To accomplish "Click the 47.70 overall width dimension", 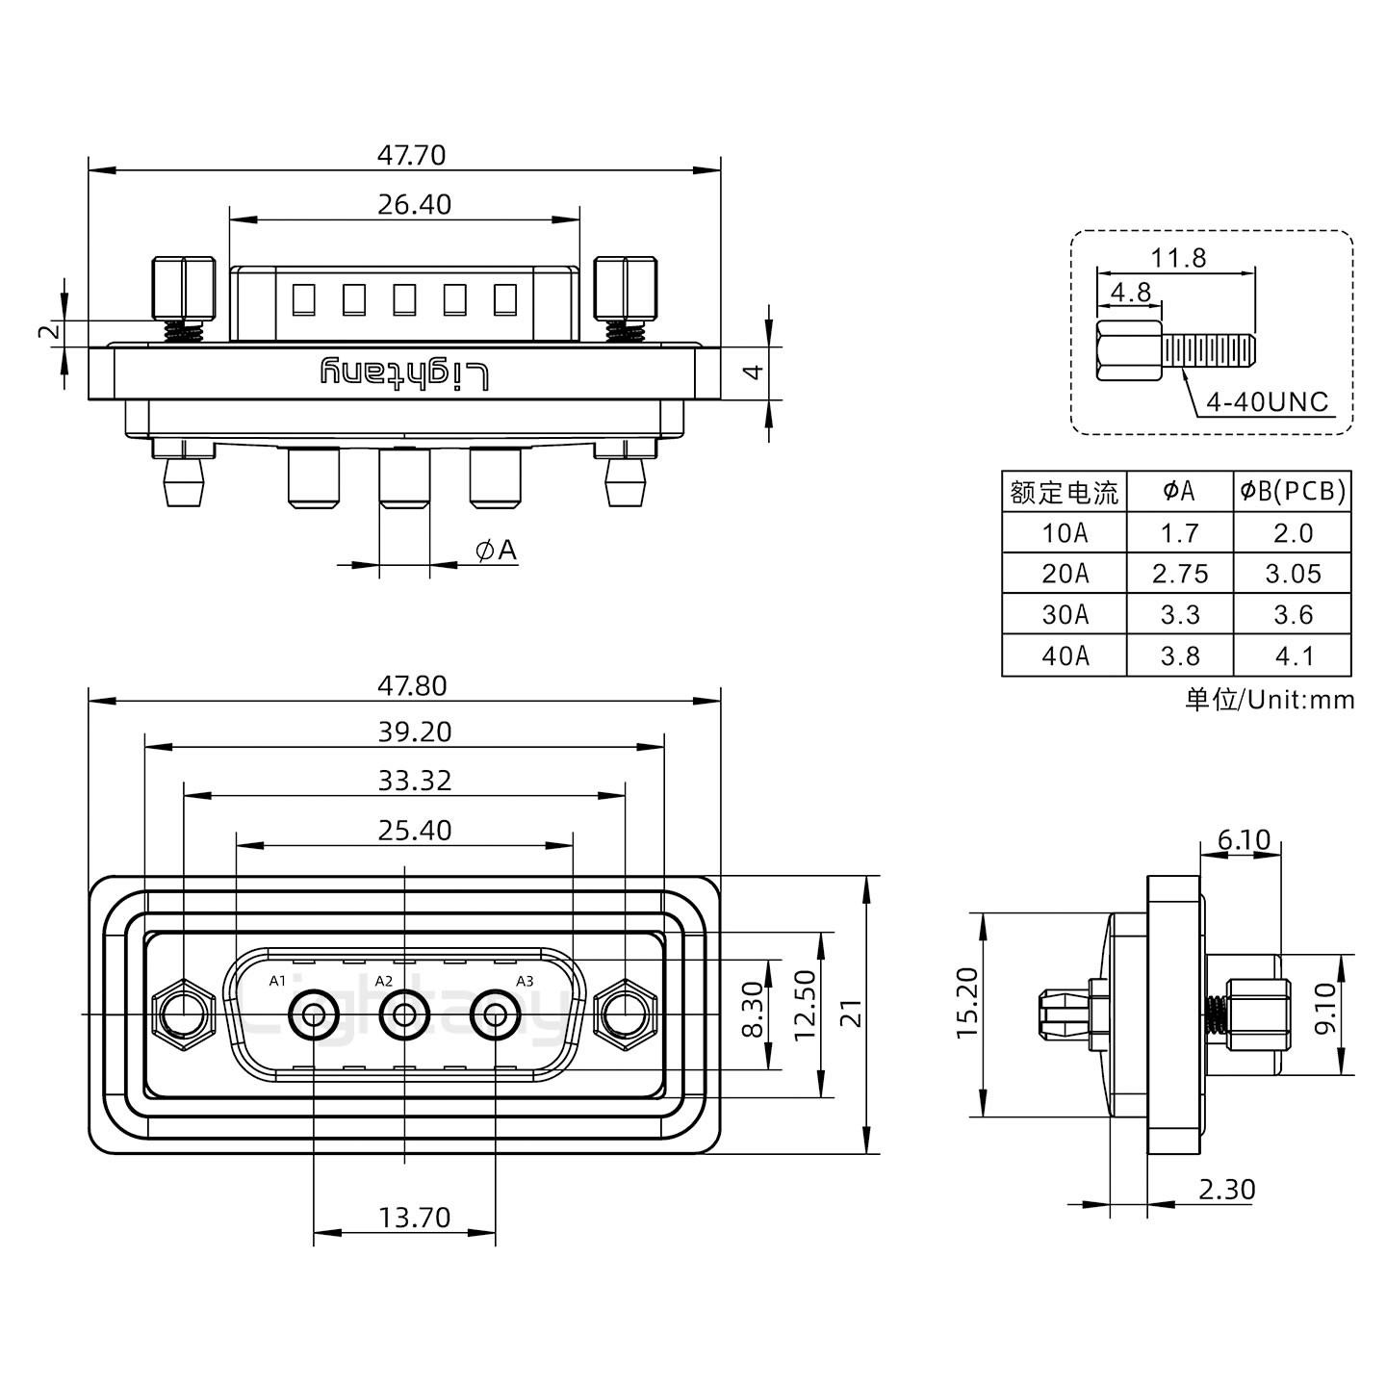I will [x=411, y=155].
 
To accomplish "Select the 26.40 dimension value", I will [x=414, y=204].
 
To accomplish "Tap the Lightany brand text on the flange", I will [x=404, y=373].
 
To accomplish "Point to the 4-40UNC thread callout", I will [x=1267, y=402].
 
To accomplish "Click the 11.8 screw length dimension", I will [x=1178, y=258].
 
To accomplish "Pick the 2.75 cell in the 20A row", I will [x=1179, y=574].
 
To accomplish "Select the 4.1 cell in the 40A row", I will [x=1293, y=655].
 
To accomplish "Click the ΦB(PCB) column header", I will [x=1293, y=492].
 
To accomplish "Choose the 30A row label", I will [x=1065, y=614].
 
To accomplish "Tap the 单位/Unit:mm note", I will [x=1270, y=700].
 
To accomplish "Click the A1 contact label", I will [x=277, y=981].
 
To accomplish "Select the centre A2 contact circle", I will [x=404, y=1014].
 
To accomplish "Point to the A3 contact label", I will [x=525, y=981].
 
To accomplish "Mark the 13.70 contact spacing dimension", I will [x=414, y=1218].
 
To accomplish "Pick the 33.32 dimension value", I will [x=414, y=780].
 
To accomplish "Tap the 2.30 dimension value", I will [x=1227, y=1190].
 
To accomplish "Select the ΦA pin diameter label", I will [x=497, y=551].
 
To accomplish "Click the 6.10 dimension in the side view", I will [x=1244, y=840].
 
